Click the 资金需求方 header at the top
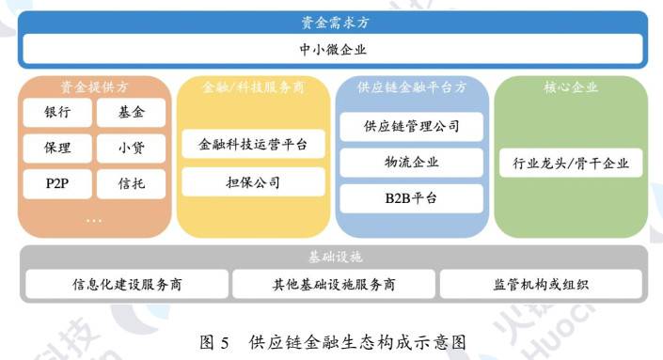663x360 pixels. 330,22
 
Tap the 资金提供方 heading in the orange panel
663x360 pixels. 94,87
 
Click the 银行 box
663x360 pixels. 57,114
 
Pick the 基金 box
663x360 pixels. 131,114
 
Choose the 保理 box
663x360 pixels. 57,148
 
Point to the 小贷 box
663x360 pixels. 131,148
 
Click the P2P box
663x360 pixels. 57,181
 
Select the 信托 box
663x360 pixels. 131,181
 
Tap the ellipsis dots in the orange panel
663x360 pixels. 94,219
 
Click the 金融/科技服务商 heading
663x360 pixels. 253,87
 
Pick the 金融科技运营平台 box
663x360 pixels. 253,146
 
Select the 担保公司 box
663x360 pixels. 253,181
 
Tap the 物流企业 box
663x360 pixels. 411,162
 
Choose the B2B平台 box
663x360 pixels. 411,197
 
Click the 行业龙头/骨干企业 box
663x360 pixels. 571,164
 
